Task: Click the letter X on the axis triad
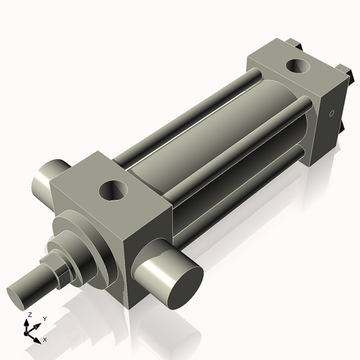point(45,338)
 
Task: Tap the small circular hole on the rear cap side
point(331,114)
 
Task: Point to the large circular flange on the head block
point(86,241)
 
